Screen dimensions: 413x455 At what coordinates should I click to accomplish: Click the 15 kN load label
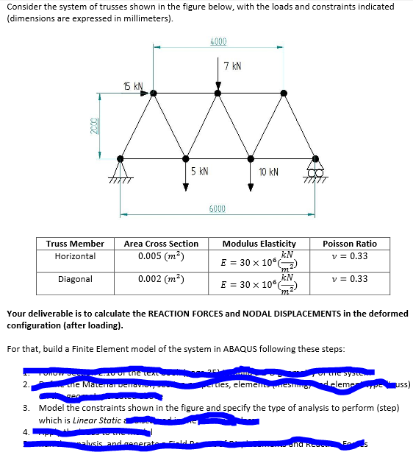point(132,86)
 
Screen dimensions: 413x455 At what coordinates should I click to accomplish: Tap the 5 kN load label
point(198,171)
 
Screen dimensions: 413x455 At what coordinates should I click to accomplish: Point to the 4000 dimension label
point(218,41)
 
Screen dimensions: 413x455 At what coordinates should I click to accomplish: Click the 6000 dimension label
point(218,209)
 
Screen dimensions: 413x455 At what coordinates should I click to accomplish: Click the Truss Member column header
point(75,244)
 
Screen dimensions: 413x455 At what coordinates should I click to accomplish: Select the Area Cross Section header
point(161,244)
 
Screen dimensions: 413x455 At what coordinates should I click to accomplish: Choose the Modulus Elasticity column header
point(259,244)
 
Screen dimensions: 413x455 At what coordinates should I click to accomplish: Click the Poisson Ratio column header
point(354,244)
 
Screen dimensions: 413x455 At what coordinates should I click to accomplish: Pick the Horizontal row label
point(75,256)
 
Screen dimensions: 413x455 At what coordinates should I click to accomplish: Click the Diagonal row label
point(75,279)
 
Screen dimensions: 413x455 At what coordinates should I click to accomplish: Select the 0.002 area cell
point(155,279)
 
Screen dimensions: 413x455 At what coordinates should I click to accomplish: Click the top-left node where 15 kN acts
point(154,94)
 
